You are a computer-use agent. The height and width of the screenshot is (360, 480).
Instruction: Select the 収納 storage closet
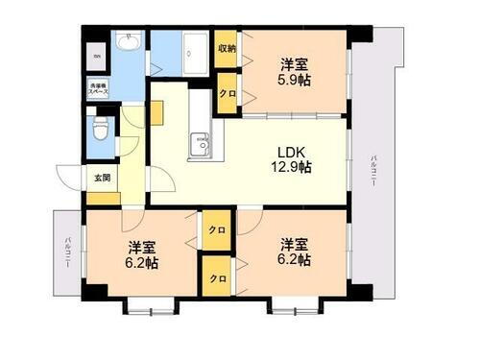tap(227, 48)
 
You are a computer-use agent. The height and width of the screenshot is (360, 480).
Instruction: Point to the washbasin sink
tap(129, 43)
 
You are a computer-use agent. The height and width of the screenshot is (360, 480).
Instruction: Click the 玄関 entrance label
tap(101, 178)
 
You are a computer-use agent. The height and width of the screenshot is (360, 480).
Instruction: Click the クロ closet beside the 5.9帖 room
tap(228, 94)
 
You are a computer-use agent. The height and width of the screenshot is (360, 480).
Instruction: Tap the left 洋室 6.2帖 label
tap(140, 253)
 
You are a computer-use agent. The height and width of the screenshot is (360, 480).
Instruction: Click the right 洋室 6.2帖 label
tap(294, 252)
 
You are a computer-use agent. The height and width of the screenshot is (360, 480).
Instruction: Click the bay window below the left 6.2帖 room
tap(150, 308)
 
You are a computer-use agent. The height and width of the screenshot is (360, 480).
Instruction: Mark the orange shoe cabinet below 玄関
tap(104, 199)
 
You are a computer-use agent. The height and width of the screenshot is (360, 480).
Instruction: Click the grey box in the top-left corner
tap(96, 55)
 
